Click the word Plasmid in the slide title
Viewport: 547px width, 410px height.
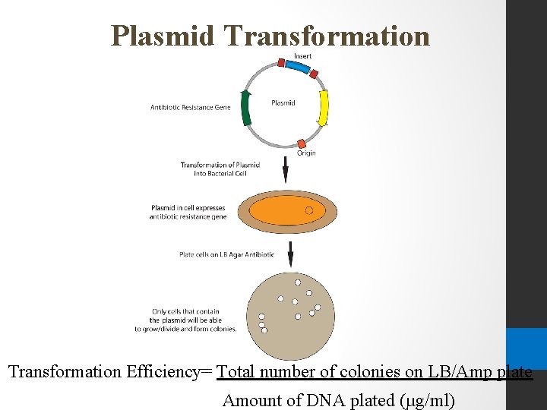click(x=163, y=36)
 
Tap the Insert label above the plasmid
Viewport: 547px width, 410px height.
click(x=302, y=56)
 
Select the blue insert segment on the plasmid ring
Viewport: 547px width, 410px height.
click(x=299, y=69)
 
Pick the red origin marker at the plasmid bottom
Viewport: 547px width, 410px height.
click(x=302, y=143)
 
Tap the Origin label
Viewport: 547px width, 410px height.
click(x=305, y=153)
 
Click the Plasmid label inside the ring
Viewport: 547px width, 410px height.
click(x=283, y=103)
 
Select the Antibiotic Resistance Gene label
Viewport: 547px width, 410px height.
click(x=190, y=108)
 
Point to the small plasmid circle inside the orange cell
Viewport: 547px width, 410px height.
click(x=309, y=210)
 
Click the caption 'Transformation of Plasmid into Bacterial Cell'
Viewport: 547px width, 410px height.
click(x=220, y=169)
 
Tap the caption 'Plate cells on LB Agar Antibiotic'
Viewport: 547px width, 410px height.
click(x=226, y=254)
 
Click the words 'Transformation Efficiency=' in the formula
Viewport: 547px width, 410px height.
click(x=112, y=372)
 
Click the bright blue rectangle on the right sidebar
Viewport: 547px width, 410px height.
click(x=526, y=348)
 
